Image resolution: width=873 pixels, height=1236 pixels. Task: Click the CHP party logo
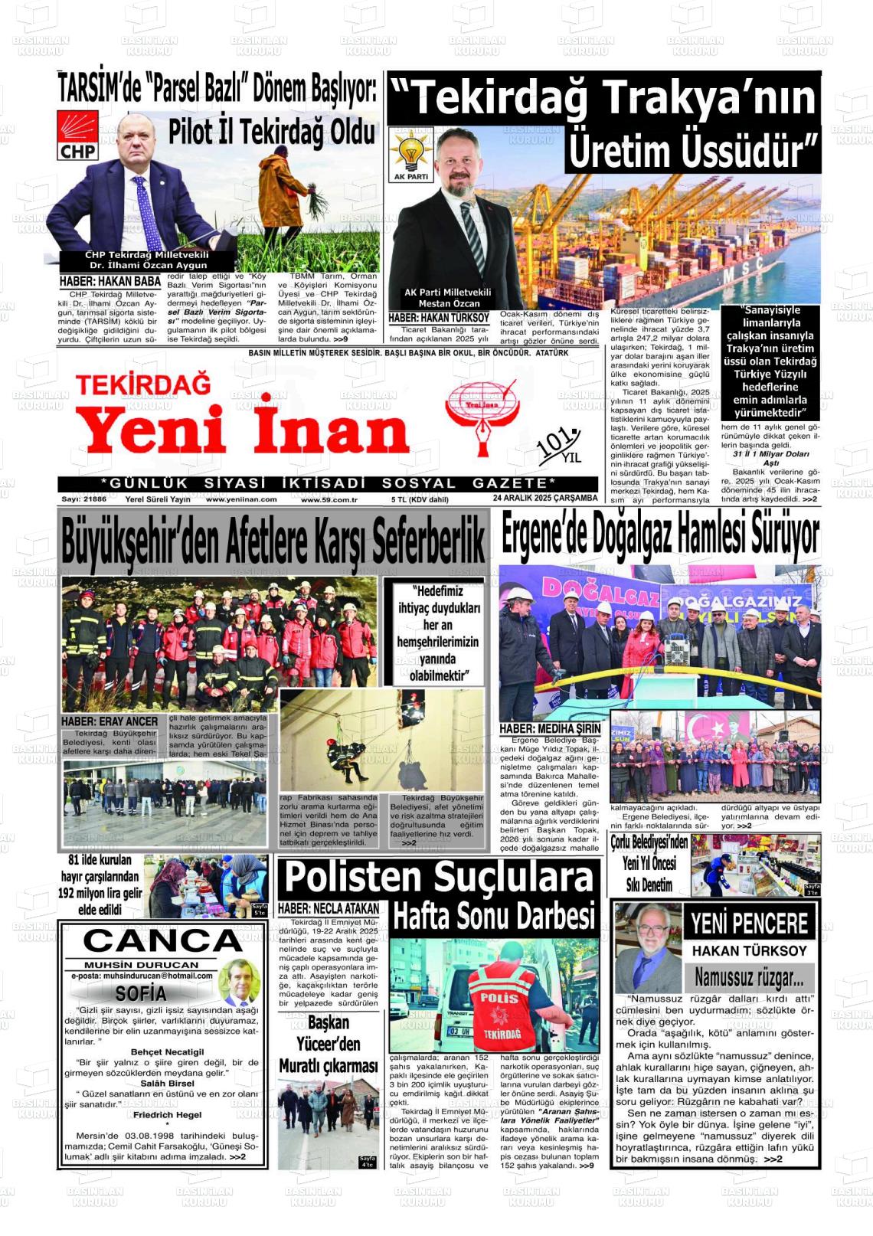[x=78, y=135]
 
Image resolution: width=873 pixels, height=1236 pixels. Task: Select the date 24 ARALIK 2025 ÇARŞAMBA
[x=545, y=499]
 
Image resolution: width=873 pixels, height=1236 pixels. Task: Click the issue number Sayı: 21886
[x=84, y=499]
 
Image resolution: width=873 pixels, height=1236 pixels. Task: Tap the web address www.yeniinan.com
[x=241, y=499]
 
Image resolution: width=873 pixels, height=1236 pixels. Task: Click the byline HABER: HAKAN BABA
[x=110, y=282]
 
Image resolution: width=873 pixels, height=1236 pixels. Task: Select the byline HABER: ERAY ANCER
[x=110, y=721]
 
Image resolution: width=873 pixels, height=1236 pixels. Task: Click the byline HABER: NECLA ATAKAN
[x=329, y=908]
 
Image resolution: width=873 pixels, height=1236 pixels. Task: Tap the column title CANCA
[x=162, y=941]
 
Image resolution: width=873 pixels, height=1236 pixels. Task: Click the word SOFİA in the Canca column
[x=141, y=993]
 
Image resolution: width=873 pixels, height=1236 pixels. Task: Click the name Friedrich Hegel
[x=167, y=1115]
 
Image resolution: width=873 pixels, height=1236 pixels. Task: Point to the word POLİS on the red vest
[x=499, y=999]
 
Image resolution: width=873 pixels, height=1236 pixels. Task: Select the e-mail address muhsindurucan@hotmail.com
[x=142, y=976]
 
